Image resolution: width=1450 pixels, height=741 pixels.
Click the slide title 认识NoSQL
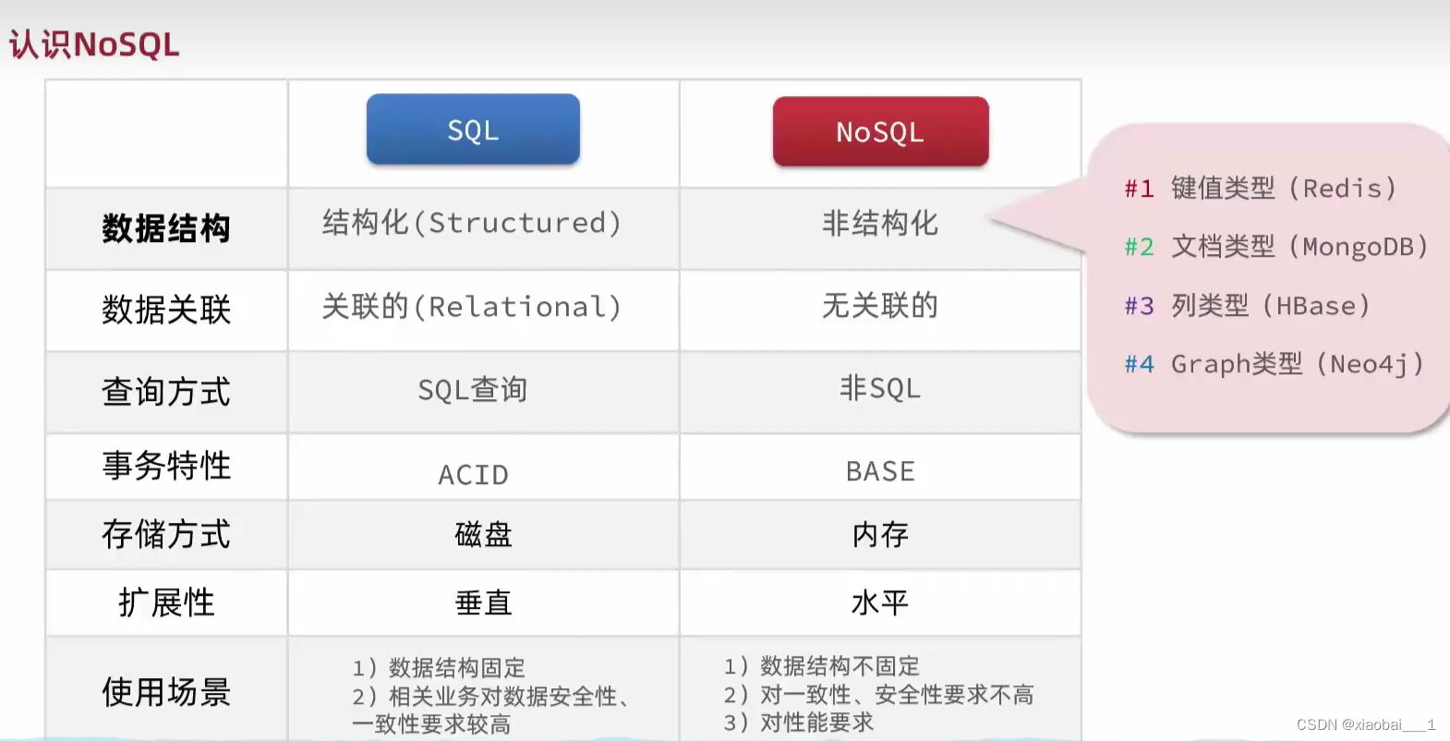coord(94,44)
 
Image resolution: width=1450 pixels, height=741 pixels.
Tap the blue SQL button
coord(473,130)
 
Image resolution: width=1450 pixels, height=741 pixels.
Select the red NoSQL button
coord(880,132)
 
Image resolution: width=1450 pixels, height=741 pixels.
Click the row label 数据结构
coord(166,228)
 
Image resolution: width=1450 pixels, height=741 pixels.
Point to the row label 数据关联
coord(166,310)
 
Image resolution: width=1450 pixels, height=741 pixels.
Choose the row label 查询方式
coord(166,392)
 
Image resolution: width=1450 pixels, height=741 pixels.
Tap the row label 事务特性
coord(166,466)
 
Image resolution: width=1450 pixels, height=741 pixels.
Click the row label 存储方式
coord(166,534)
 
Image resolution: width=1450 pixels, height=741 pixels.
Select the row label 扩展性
coord(166,602)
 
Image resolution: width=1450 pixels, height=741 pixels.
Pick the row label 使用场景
coord(166,691)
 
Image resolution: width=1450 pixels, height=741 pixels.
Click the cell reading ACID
coord(473,475)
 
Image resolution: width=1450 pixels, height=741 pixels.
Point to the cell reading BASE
coord(880,471)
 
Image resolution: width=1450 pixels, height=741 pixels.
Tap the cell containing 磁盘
coord(483,534)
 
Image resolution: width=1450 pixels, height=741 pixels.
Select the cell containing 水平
coord(880,602)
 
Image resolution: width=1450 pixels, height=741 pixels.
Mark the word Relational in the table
coord(517,307)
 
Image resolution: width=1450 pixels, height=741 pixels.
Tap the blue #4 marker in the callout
coord(1139,364)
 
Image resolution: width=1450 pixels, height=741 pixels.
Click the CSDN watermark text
coord(1365,724)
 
